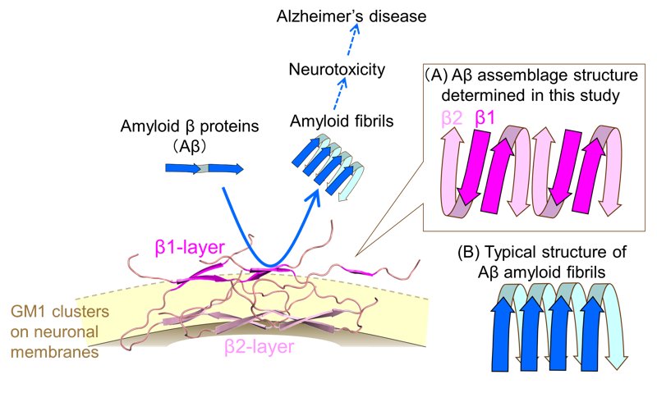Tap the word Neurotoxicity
pyautogui.click(x=337, y=70)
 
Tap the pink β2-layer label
pyautogui.click(x=259, y=347)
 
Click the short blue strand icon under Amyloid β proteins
pyautogui.click(x=204, y=168)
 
